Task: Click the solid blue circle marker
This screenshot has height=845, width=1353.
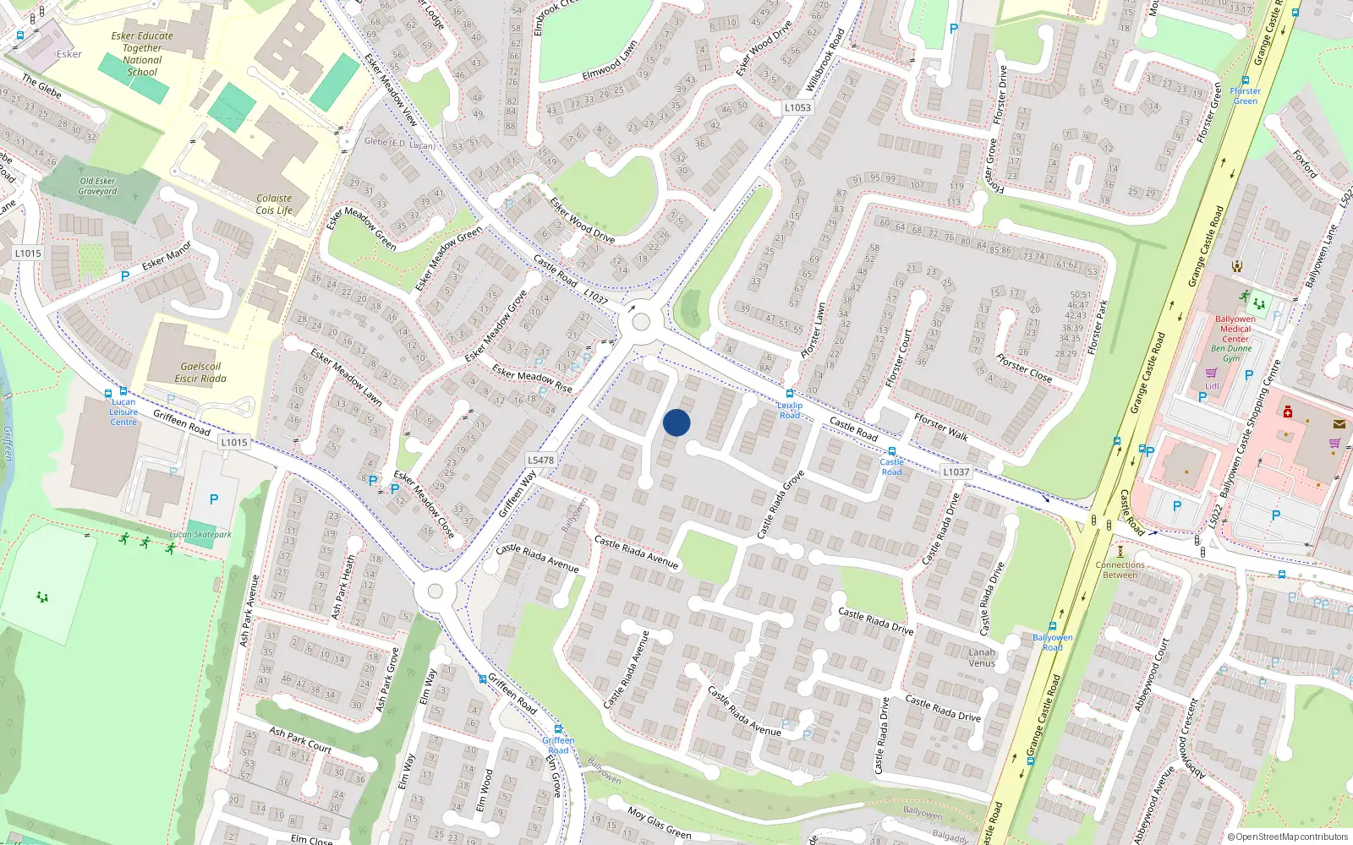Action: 676,422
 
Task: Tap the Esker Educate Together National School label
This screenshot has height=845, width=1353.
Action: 142,54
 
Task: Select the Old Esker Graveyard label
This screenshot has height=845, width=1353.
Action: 98,186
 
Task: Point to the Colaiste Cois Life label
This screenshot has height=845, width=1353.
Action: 274,204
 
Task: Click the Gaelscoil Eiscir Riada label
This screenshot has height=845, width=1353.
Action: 200,373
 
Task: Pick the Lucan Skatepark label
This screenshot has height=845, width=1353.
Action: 200,534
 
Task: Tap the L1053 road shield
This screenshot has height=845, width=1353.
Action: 797,107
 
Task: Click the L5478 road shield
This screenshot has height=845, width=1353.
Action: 540,461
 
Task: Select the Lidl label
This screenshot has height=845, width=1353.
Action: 1212,386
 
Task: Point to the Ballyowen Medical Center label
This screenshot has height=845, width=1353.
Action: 1235,329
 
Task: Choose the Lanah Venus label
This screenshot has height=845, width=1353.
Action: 982,657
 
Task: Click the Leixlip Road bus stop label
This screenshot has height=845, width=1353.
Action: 790,410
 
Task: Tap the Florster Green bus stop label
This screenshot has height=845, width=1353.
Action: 1245,95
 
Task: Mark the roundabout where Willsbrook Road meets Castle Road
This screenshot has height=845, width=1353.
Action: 641,322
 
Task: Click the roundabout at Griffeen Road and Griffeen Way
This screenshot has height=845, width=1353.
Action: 435,591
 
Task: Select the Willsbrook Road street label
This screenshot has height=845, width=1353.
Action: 824,60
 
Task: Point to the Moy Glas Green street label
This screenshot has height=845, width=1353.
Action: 659,822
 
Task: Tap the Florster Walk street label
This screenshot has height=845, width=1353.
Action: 940,427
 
